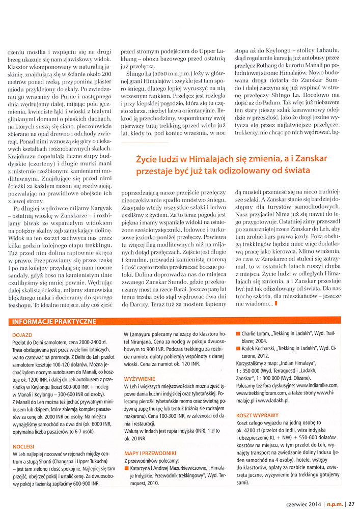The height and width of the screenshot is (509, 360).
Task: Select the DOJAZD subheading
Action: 21,334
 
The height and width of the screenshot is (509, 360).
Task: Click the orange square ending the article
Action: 275,304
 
